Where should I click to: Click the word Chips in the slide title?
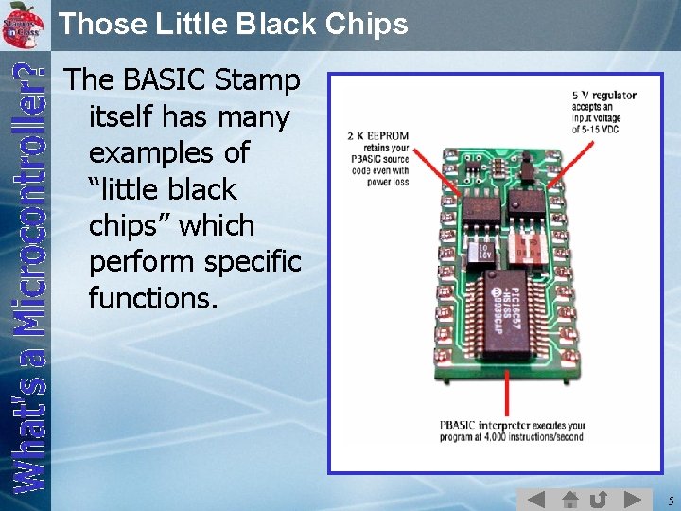(363, 23)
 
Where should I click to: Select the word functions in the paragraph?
(152, 299)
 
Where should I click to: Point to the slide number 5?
(668, 500)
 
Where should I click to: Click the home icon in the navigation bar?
(569, 499)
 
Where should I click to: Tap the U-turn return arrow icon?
(599, 499)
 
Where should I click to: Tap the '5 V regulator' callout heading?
(604, 96)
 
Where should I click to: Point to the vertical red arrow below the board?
(509, 392)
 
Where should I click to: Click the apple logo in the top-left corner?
(26, 20)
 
